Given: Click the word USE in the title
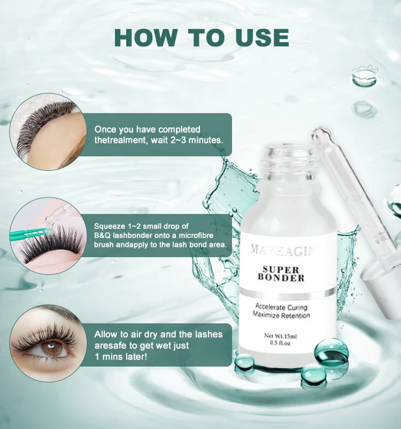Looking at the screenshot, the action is pyautogui.click(x=262, y=37).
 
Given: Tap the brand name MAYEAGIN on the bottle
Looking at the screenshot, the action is pyautogui.click(x=283, y=250).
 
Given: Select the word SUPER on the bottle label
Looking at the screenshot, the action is pyautogui.click(x=281, y=269).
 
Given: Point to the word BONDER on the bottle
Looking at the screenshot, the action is pyautogui.click(x=281, y=277).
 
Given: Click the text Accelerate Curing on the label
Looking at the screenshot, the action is pyautogui.click(x=281, y=307).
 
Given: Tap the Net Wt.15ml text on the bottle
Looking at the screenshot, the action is pyautogui.click(x=280, y=336).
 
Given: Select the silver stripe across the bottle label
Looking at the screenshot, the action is pyautogui.click(x=287, y=293).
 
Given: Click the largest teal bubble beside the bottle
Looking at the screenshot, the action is pyautogui.click(x=331, y=353).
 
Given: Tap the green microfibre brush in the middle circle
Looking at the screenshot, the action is pyautogui.click(x=30, y=234).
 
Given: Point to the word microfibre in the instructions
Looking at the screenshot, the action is pyautogui.click(x=196, y=235).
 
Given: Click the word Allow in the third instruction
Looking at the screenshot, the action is pyautogui.click(x=107, y=334).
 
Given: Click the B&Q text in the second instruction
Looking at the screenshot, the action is pyautogui.click(x=102, y=235).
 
